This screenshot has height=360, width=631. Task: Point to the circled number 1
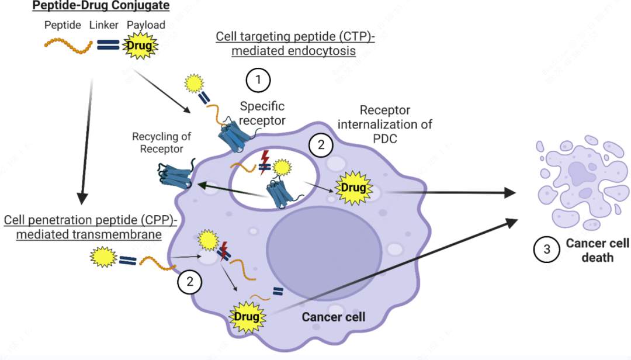tap(258, 80)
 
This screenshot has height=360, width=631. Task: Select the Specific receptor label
tap(262, 113)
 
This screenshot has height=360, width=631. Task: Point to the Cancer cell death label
tap(597, 250)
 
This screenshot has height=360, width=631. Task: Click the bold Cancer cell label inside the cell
tap(333, 317)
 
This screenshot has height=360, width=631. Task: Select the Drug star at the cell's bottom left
tap(247, 317)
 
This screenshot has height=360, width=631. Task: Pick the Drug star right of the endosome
tap(353, 188)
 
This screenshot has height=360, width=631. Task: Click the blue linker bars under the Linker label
tap(108, 45)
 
